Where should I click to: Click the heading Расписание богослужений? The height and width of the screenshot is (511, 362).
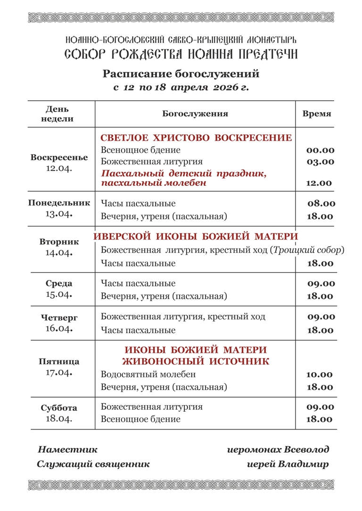181,74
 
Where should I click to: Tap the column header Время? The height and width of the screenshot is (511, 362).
317,114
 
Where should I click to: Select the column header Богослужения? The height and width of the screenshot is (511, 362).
195,114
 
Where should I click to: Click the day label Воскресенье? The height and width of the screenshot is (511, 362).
59,157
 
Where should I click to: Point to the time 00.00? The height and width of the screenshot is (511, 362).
320,151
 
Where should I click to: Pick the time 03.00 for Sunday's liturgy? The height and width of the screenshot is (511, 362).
320,162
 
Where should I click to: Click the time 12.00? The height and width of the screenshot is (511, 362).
319,183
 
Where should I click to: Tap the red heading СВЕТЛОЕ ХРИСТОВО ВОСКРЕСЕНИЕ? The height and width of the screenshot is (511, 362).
196,138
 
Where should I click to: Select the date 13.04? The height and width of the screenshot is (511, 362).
59,214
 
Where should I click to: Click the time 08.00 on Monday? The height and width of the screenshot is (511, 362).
321,204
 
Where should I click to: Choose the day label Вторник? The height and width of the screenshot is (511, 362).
59,242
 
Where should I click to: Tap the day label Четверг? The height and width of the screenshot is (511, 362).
59,318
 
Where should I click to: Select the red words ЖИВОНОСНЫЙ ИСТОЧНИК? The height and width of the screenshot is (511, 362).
196,362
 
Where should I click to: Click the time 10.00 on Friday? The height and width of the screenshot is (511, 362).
320,375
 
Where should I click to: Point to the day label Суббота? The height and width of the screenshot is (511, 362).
59,408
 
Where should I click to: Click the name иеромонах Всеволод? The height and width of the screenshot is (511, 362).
278,449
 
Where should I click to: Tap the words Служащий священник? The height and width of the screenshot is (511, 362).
93,464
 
